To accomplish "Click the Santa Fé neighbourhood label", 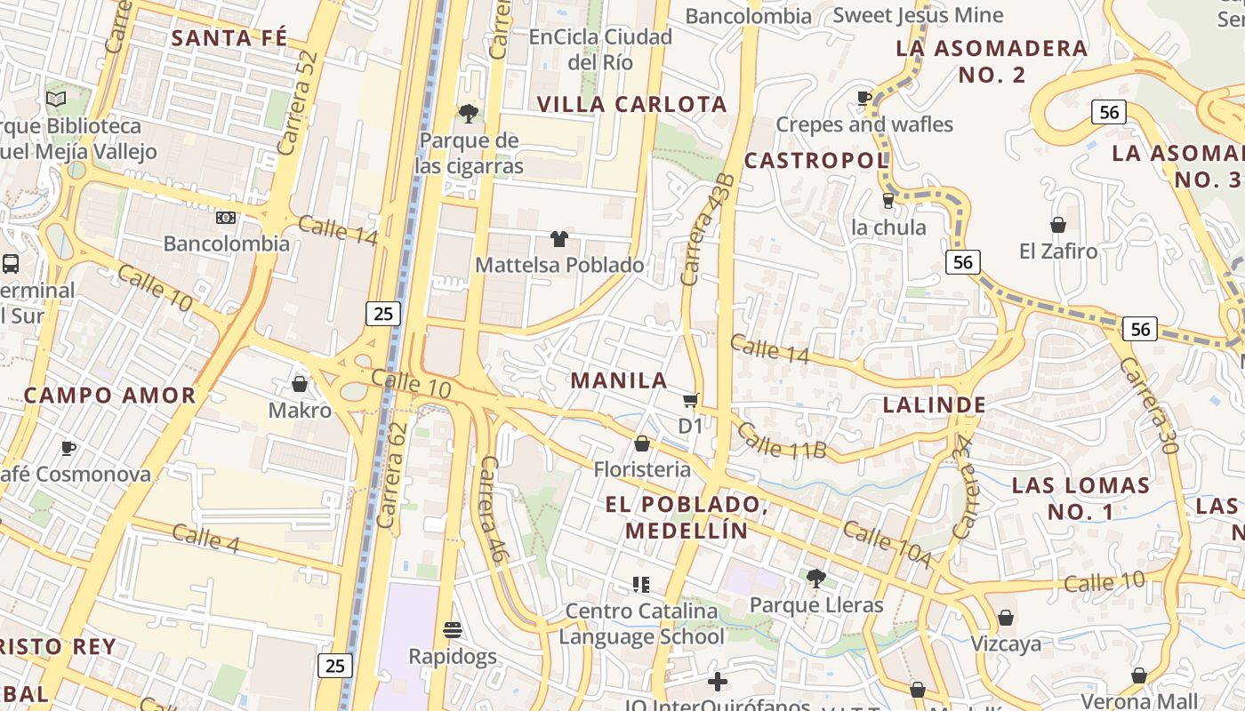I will [229, 38].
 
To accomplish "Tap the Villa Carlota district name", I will [632, 104].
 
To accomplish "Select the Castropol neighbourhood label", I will [815, 161].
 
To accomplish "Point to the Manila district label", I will [619, 380].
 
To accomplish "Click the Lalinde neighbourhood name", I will [934, 405].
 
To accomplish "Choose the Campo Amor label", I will [109, 395].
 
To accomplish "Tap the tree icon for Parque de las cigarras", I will [468, 114].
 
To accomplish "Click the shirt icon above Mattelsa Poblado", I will [558, 238].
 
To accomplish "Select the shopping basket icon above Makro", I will [300, 384].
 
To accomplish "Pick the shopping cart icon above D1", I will [690, 401].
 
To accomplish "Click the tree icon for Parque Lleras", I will [815, 579].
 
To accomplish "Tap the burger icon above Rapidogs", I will [452, 631].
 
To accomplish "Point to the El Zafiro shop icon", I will [1058, 225].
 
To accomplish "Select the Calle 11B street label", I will [782, 442].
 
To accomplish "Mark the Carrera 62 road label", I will [392, 475].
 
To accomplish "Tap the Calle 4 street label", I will [205, 539].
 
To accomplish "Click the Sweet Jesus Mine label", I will [918, 15].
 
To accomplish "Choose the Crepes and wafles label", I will [864, 124].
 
